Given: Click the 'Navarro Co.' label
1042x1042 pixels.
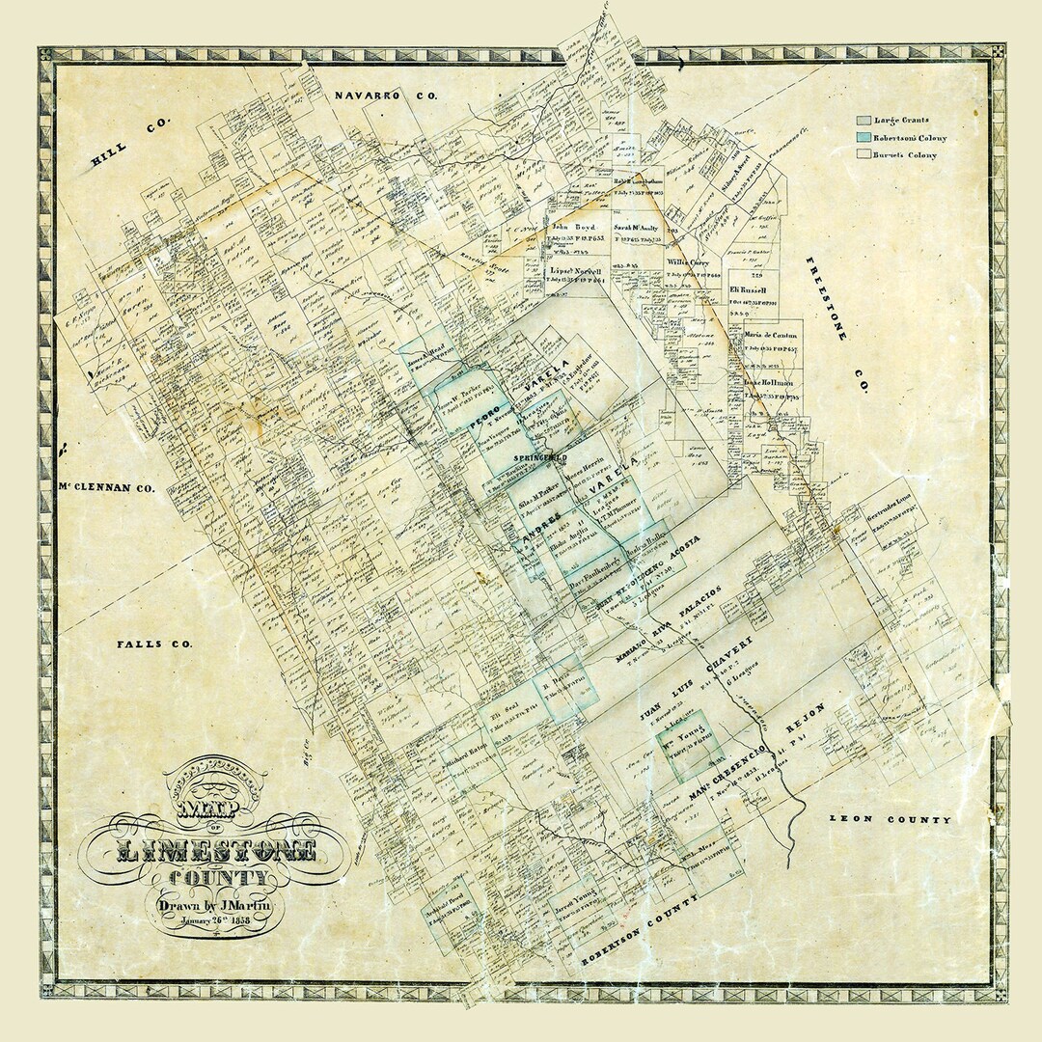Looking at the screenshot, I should [x=386, y=96].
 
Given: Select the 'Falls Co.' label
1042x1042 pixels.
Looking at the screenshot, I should [x=154, y=644].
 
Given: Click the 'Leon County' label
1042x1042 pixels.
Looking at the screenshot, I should [x=890, y=820].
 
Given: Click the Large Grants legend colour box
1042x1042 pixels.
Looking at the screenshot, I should [x=863, y=121].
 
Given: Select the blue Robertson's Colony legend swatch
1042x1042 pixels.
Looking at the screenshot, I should [x=863, y=138].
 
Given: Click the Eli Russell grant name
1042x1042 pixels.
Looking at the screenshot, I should [x=748, y=289].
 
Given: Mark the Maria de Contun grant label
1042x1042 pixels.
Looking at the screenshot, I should [x=768, y=335].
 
